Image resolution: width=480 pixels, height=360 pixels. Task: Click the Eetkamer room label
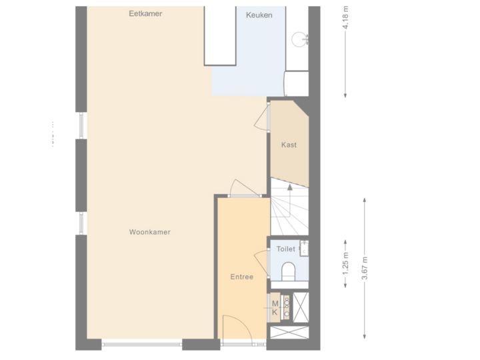click(x=145, y=13)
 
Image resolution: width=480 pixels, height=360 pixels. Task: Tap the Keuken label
click(x=259, y=15)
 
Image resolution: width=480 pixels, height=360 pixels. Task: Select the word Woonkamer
click(x=150, y=232)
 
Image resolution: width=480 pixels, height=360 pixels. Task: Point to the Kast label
click(x=289, y=145)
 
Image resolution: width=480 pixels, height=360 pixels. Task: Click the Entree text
click(x=241, y=277)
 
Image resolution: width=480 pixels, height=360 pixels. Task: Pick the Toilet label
click(x=285, y=249)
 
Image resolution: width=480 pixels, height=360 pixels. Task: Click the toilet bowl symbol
click(x=289, y=271)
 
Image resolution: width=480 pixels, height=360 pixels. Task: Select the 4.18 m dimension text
click(x=345, y=18)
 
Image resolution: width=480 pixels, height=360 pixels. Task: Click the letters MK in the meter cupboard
click(x=274, y=307)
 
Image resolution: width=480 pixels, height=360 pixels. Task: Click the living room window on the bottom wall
click(x=141, y=345)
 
